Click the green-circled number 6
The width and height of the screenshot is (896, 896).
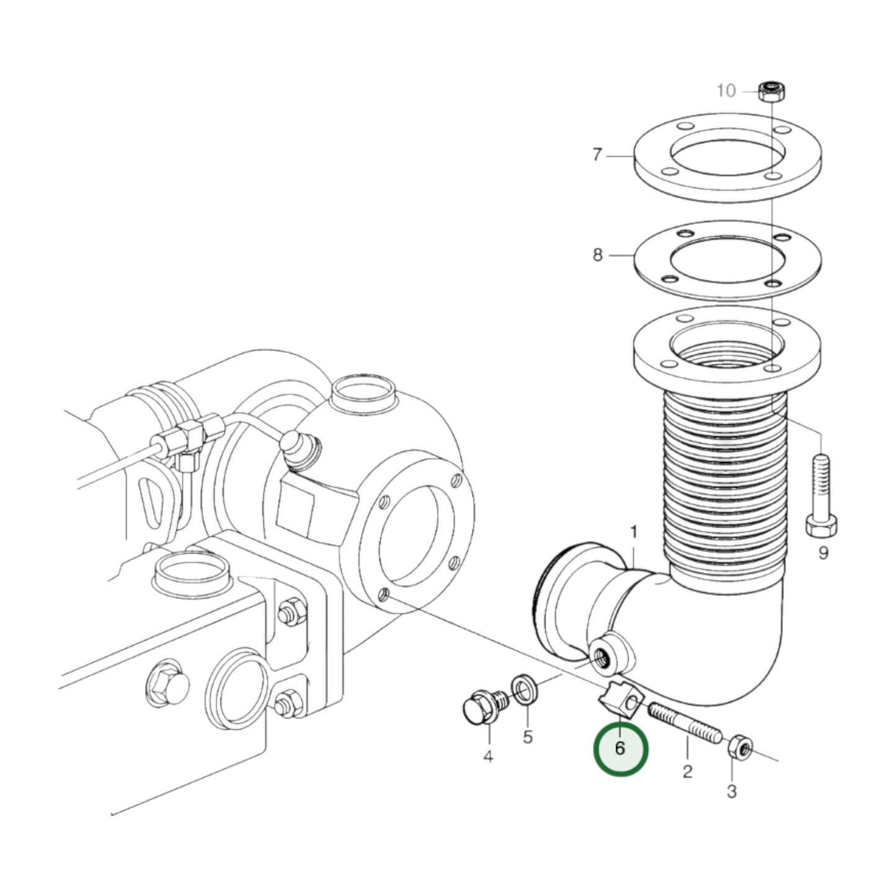pos(620,748)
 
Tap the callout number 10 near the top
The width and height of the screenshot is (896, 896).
pos(726,91)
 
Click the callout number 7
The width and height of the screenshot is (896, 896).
pos(597,154)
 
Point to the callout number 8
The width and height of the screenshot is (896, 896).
pos(597,255)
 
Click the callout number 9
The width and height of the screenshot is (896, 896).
pos(823,552)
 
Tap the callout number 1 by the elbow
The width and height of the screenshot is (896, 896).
pos(634,532)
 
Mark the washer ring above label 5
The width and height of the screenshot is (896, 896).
pos(525,690)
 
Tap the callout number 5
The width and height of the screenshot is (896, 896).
pos(528,737)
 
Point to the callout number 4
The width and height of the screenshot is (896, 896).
pos(488,756)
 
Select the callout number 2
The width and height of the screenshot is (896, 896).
pos(687,771)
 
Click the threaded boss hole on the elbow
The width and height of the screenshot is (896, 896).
pos(603,655)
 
